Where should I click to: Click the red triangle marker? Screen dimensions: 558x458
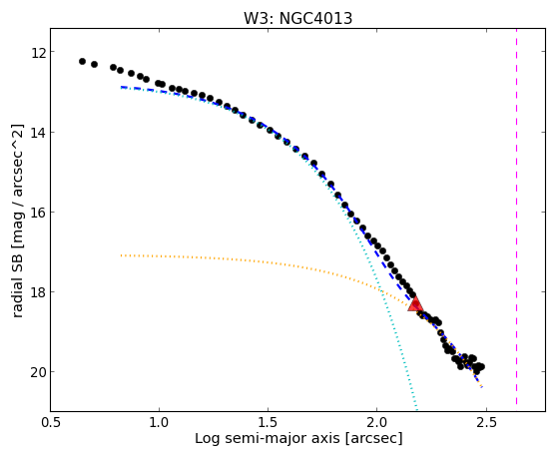pos(415,303)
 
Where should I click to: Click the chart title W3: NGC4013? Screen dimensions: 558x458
pos(297,19)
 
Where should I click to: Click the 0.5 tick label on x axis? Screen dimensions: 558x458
pos(51,422)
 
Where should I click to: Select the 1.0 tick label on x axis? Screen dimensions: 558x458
pos(159,422)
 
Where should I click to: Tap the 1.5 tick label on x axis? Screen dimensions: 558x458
pos(268,422)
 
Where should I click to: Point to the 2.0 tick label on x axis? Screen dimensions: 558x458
pos(377,422)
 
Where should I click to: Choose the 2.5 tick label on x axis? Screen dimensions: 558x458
pos(486,422)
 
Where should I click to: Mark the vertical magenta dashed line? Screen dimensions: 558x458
pos(516,217)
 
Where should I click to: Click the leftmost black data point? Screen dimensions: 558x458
pos(82,61)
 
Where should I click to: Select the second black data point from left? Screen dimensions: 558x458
pos(94,65)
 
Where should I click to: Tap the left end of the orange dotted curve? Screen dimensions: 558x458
pos(122,255)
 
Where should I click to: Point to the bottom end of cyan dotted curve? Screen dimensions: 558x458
pos(416,409)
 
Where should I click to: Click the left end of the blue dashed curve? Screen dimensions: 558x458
pos(122,87)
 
